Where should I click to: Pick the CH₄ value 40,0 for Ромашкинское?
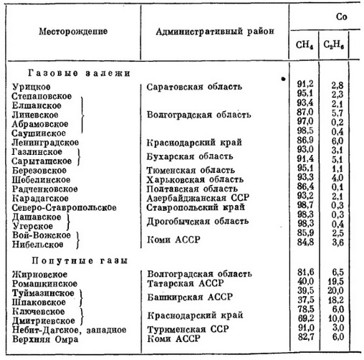304,282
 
